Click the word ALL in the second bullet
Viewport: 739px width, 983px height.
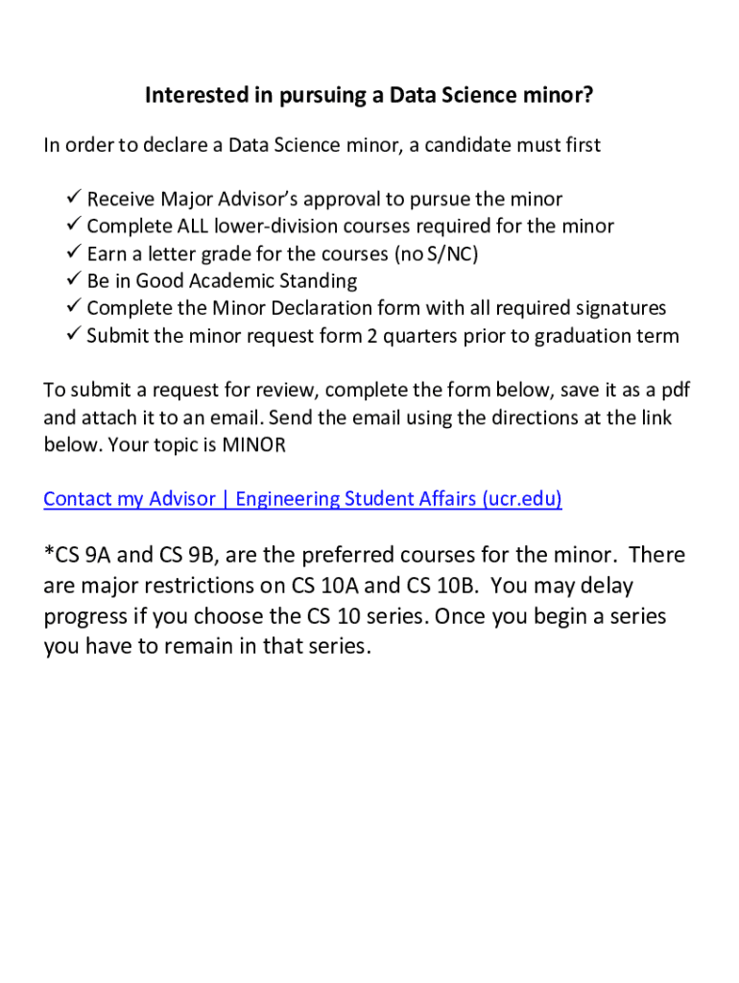pyautogui.click(x=193, y=227)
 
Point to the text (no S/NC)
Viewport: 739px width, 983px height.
pyautogui.click(x=437, y=254)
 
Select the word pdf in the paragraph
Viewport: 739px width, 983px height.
pyautogui.click(x=674, y=392)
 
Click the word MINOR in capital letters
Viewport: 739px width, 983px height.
pyautogui.click(x=254, y=445)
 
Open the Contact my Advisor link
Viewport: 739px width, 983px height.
pyautogui.click(x=130, y=499)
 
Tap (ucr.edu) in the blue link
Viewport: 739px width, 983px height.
pyautogui.click(x=522, y=499)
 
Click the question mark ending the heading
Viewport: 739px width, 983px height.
pyautogui.click(x=588, y=96)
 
